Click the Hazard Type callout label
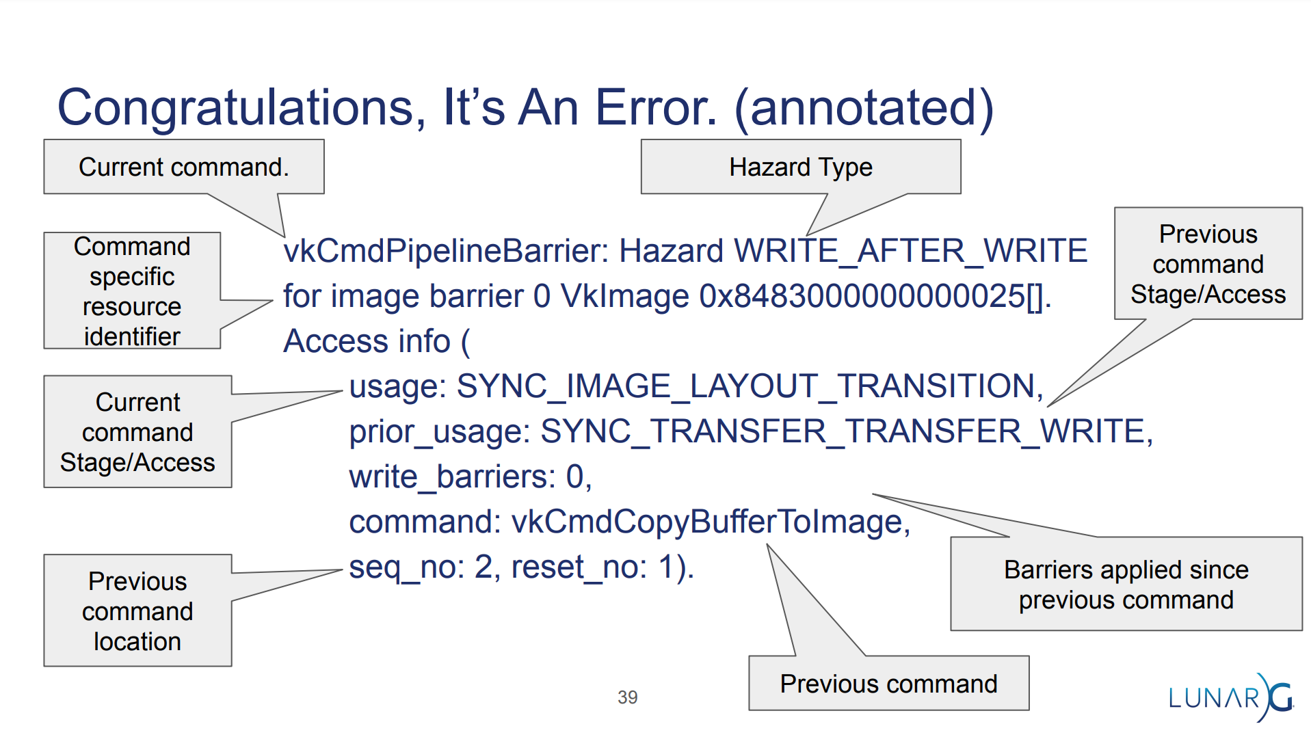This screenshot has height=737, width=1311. pyautogui.click(x=801, y=167)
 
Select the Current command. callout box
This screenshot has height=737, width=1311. pyautogui.click(x=184, y=167)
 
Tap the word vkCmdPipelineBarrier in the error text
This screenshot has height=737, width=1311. pyautogui.click(x=445, y=251)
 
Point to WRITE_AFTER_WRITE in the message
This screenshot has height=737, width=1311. pyautogui.click(x=910, y=251)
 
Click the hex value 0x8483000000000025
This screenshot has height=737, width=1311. pyautogui.click(x=862, y=296)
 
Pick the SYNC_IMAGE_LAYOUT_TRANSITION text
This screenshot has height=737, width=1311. pyautogui.click(x=745, y=386)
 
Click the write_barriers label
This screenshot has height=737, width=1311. pyautogui.click(x=451, y=477)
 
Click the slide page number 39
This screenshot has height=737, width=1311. pyautogui.click(x=627, y=697)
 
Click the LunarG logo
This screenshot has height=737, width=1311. pyautogui.click(x=1231, y=697)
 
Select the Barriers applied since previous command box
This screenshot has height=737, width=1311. pyautogui.click(x=1126, y=584)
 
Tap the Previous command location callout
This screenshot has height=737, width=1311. pyautogui.click(x=137, y=611)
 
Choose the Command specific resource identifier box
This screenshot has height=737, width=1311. pyautogui.click(x=132, y=291)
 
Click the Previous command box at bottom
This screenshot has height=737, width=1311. pyautogui.click(x=889, y=684)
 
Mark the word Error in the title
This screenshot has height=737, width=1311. pyautogui.click(x=657, y=109)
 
